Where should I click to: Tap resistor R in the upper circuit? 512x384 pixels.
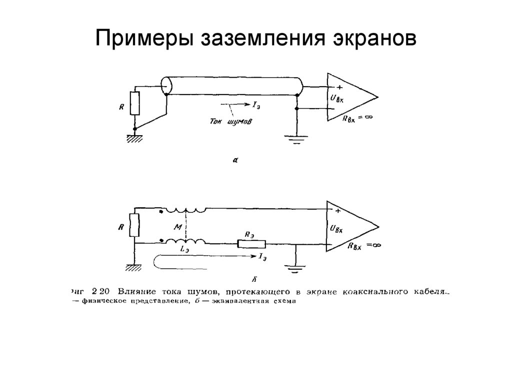click(x=134, y=103)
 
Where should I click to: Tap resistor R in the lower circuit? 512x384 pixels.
click(x=134, y=225)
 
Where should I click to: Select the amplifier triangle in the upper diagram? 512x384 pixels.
click(x=350, y=97)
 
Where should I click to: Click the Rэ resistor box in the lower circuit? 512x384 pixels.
click(x=251, y=244)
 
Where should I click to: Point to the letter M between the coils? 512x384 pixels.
click(x=176, y=227)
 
